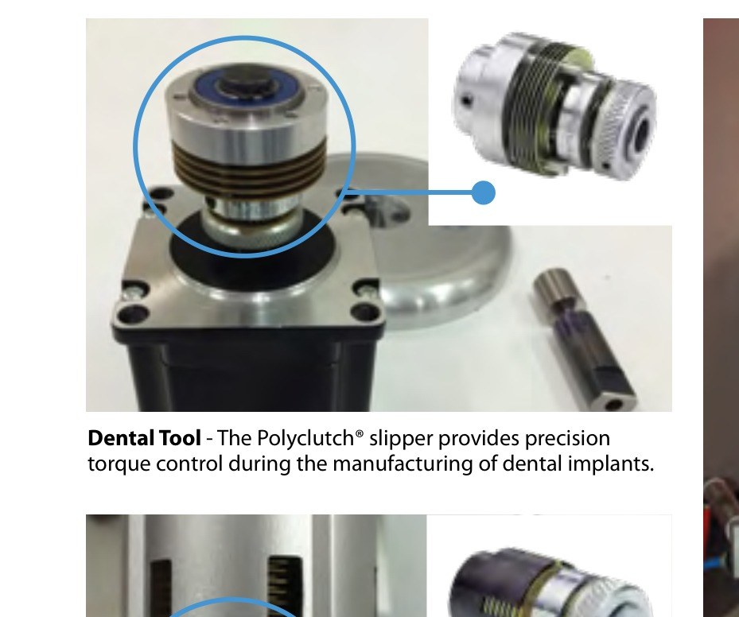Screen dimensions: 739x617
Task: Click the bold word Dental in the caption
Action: [119, 438]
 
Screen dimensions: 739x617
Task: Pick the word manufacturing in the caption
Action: [402, 464]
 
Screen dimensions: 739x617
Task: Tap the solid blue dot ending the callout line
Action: [483, 192]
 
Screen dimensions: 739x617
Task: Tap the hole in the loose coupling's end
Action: [614, 404]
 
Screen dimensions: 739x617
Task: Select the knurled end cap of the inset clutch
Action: [628, 128]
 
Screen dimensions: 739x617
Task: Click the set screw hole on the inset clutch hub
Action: [466, 100]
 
